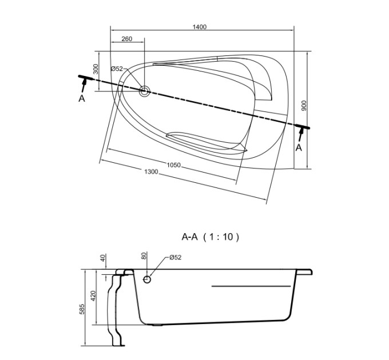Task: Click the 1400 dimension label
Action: pyautogui.click(x=200, y=27)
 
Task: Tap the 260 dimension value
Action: pyautogui.click(x=127, y=39)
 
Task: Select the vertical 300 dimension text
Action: pyautogui.click(x=96, y=69)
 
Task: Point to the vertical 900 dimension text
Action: pyautogui.click(x=304, y=106)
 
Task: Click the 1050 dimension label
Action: pyautogui.click(x=174, y=165)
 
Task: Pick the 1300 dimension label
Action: pyautogui.click(x=151, y=171)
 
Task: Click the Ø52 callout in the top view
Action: pyautogui.click(x=117, y=69)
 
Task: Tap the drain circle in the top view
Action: pyautogui.click(x=144, y=91)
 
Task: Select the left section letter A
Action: pyautogui.click(x=82, y=99)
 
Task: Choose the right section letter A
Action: pyautogui.click(x=299, y=147)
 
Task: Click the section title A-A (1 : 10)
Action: pyautogui.click(x=211, y=237)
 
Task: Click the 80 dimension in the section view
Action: pyautogui.click(x=144, y=255)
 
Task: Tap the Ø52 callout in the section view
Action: pyautogui.click(x=176, y=257)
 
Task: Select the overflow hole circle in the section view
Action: pyautogui.click(x=147, y=279)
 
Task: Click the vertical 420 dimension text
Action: pyautogui.click(x=93, y=296)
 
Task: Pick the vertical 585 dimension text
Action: pyautogui.click(x=82, y=309)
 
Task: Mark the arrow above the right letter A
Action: pyautogui.click(x=301, y=134)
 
